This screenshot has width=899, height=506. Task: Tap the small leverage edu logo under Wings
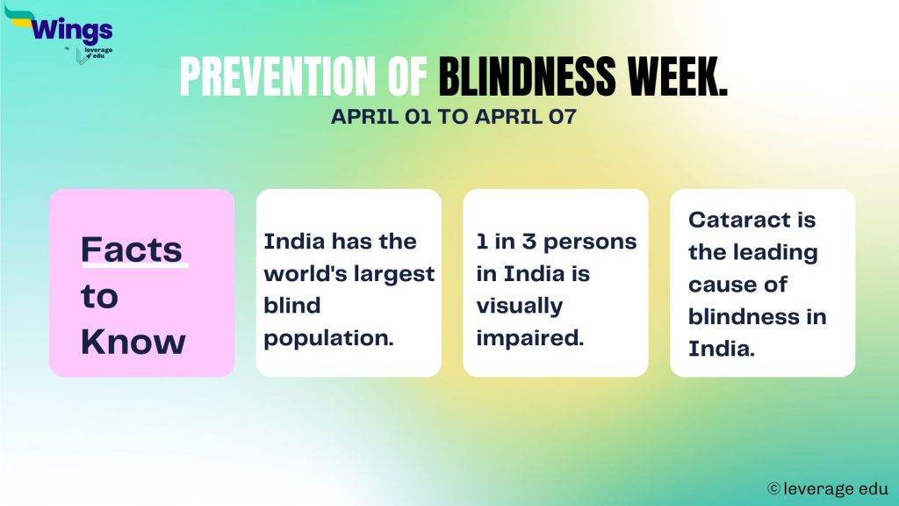tap(93, 54)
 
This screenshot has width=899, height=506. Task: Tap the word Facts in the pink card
tap(131, 249)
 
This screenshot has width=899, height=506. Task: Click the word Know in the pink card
tap(133, 342)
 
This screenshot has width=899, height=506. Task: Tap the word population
tap(328, 338)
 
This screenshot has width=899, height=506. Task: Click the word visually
tap(519, 307)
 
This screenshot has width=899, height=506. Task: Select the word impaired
tap(529, 338)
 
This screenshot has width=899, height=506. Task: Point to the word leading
tap(773, 252)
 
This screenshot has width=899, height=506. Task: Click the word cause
tap(726, 285)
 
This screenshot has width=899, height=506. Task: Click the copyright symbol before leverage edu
tap(773, 488)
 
